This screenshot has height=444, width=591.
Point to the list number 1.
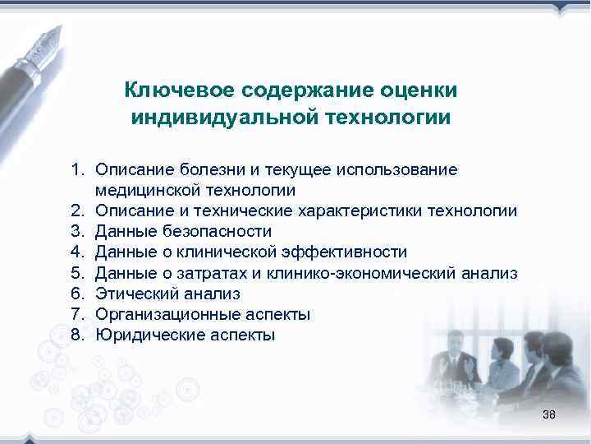coord(76,170)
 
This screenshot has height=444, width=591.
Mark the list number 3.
coord(76,232)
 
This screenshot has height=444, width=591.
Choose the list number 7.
coord(76,314)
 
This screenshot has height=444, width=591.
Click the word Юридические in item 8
coord(142,335)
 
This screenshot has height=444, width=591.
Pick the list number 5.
coord(76,273)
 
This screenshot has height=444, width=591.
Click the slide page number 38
coord(549,414)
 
